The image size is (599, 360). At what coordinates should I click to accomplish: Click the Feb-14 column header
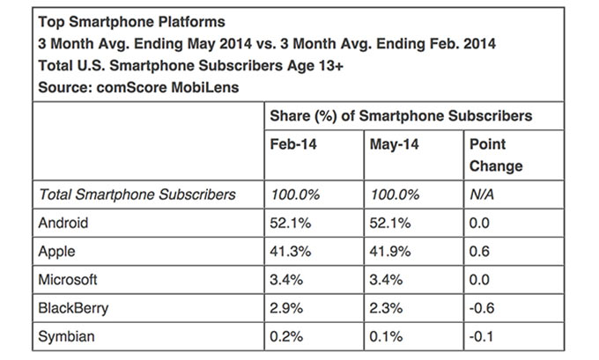(291, 143)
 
